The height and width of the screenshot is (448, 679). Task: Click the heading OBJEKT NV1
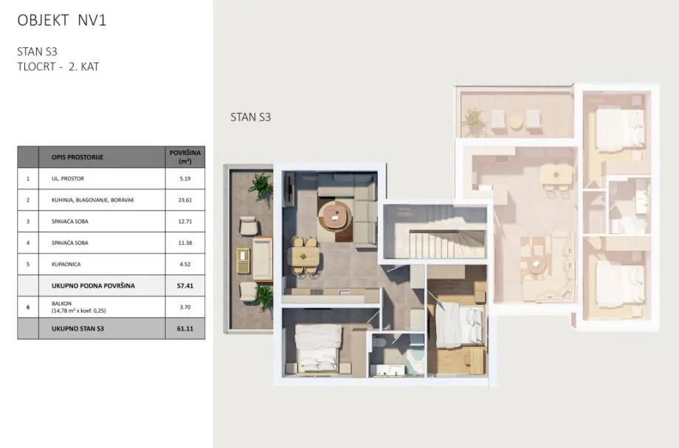pos(61,21)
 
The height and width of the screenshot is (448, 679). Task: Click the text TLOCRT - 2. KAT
pos(58,66)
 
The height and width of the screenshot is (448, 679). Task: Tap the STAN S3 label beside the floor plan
pos(250,117)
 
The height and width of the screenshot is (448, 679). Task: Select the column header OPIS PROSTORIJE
pos(77,157)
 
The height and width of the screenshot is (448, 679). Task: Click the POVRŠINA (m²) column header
pos(185,156)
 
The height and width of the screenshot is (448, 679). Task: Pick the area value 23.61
pos(185,200)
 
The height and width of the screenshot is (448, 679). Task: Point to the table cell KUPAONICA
pos(66,264)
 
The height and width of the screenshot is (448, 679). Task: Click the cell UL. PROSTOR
pos(68,179)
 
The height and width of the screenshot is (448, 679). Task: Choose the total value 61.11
pos(185,328)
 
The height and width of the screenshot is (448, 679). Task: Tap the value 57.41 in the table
pos(185,286)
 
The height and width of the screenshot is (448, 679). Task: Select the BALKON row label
pos(61,303)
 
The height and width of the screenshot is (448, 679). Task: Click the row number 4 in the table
pos(28,243)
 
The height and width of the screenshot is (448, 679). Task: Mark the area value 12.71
pos(185,221)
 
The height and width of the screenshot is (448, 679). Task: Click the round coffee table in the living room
pos(334,214)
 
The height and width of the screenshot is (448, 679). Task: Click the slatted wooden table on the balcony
pos(243,261)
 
